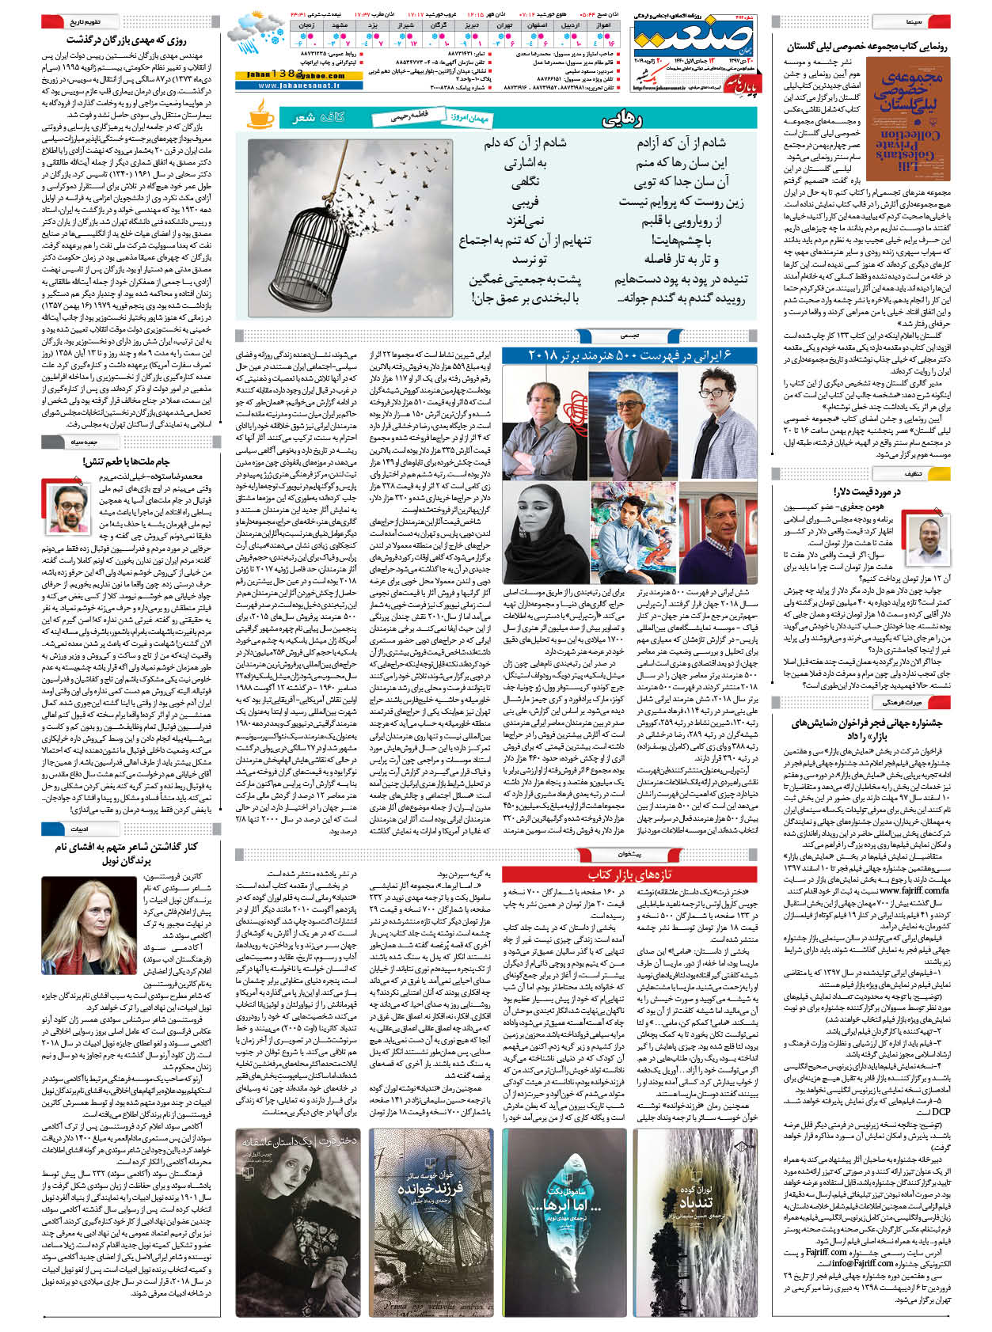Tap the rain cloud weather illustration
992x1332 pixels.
[x=255, y=35]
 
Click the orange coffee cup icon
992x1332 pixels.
[x=260, y=118]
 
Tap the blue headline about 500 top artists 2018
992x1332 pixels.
[x=629, y=355]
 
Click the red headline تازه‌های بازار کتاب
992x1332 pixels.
[x=629, y=874]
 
